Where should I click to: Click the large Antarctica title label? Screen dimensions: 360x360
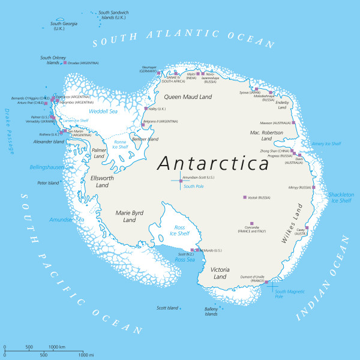pos(213,163)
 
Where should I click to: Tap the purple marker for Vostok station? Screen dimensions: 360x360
pos(245,197)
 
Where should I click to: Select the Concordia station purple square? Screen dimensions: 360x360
pos(251,223)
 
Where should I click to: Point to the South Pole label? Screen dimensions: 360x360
pos(194,187)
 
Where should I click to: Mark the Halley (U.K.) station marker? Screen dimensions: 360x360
pos(146,109)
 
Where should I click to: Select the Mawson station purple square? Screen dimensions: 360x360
pos(293,122)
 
